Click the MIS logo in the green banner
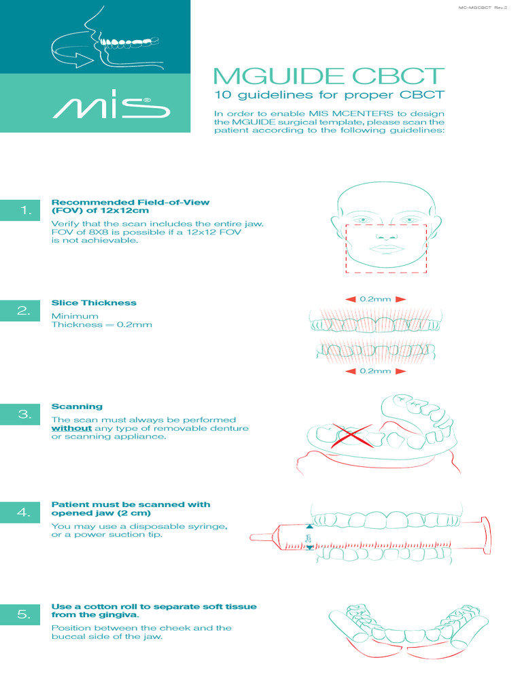click(109, 107)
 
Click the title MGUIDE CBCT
click(329, 76)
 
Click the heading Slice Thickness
click(94, 302)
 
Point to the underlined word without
click(71, 428)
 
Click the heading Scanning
click(77, 406)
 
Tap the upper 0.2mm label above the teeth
click(375, 299)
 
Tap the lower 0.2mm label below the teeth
click(375, 371)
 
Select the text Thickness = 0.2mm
click(102, 325)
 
